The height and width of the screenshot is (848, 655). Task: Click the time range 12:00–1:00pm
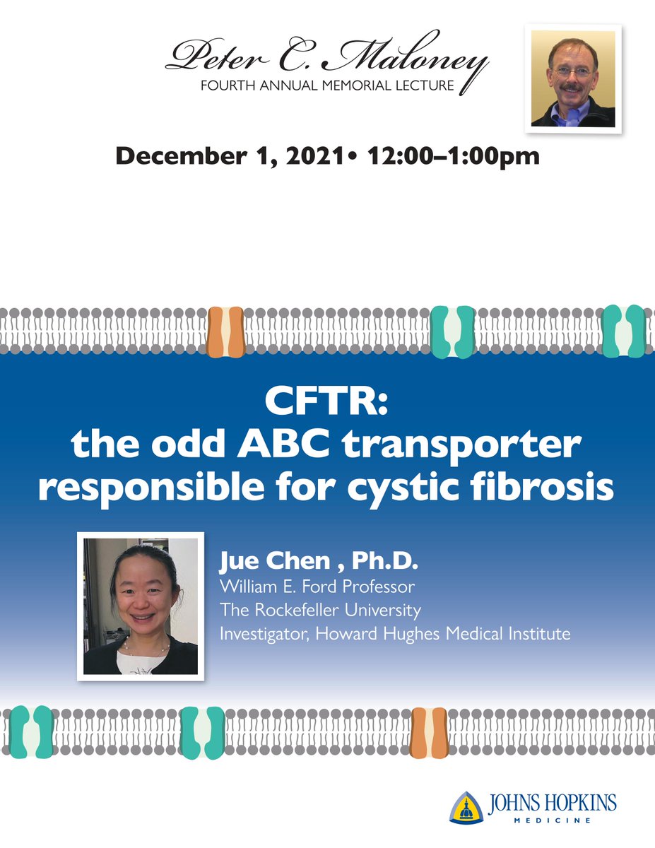(453, 155)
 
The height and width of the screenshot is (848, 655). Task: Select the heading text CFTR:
(326, 405)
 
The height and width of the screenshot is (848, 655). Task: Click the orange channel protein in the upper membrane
(225, 331)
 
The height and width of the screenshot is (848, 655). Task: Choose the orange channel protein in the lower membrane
(429, 733)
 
